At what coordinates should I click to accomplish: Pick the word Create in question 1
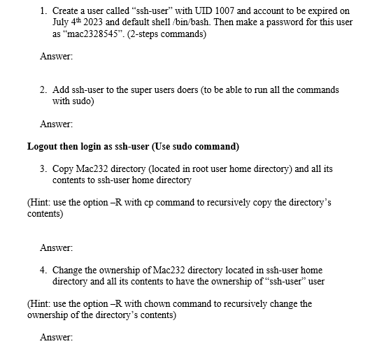[66, 11]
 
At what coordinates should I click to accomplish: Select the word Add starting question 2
[61, 90]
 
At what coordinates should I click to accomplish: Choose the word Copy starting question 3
[64, 168]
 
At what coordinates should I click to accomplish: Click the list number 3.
[43, 168]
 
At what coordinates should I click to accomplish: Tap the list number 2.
[43, 90]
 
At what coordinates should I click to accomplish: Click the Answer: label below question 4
[57, 338]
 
